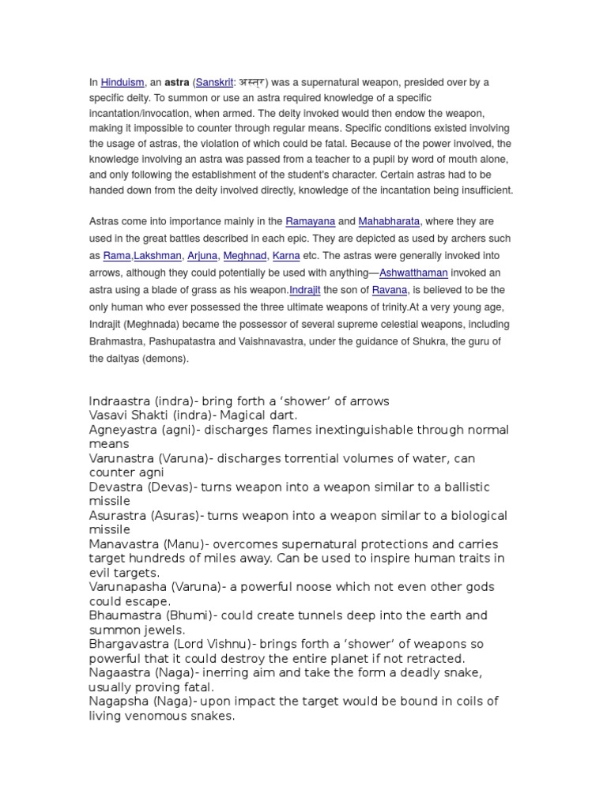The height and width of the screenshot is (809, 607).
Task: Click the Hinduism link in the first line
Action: point(122,82)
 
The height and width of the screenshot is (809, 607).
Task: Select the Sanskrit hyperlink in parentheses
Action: point(215,82)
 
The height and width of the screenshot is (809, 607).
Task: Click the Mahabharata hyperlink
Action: point(389,222)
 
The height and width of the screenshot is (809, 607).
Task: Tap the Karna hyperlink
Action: point(286,256)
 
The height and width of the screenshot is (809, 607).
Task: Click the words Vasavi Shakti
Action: point(126,416)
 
